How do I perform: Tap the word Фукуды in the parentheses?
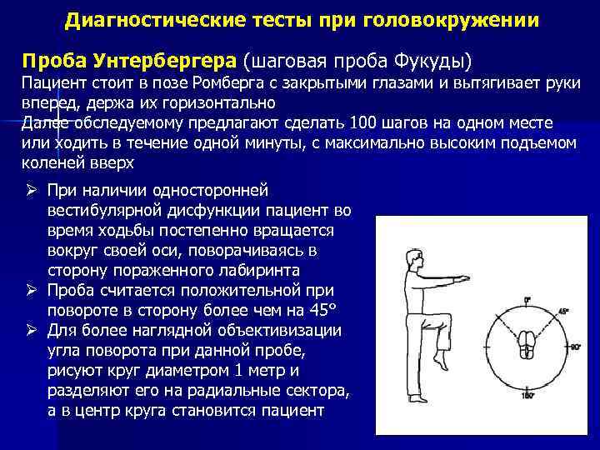pos(433,61)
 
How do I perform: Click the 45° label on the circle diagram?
pos(563,311)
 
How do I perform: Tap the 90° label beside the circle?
pos(575,346)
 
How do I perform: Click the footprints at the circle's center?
pos(527,345)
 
